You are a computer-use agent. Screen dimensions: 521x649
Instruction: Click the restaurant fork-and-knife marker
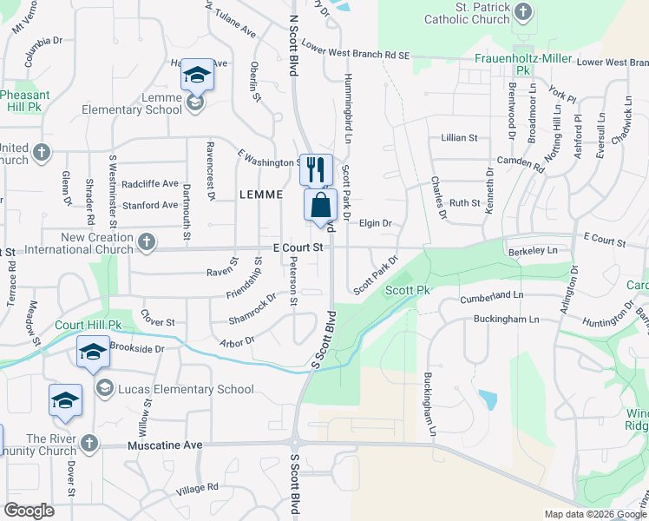click(x=316, y=168)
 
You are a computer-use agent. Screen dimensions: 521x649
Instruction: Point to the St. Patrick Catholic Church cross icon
click(x=522, y=12)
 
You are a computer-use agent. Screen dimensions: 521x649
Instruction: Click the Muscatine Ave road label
click(x=164, y=445)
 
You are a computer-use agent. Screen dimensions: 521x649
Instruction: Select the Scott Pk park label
click(x=408, y=290)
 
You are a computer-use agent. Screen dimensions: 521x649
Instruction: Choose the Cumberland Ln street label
click(x=493, y=296)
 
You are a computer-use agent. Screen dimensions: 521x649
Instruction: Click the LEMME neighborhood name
click(x=261, y=195)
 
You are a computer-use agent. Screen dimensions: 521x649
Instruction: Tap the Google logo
click(x=29, y=511)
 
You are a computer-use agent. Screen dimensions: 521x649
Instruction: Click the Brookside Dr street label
click(x=137, y=348)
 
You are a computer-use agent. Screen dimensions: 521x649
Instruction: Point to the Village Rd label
click(x=197, y=489)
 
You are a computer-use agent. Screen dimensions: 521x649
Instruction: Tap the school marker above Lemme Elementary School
click(x=197, y=76)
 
